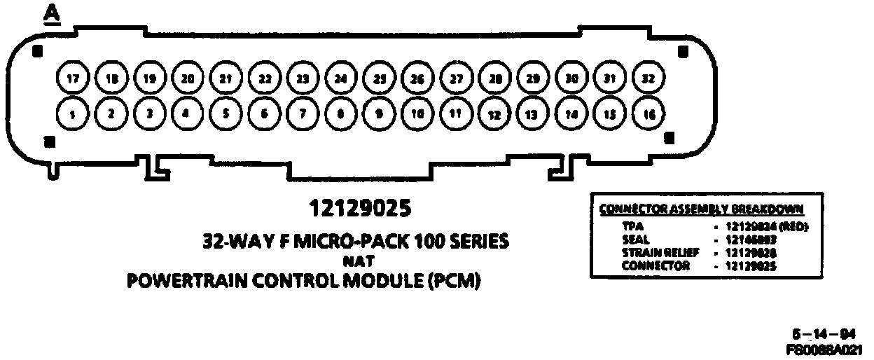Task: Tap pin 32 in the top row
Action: pos(648,79)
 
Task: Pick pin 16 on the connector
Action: pos(648,113)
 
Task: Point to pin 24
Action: pos(340,79)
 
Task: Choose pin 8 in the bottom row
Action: pos(340,113)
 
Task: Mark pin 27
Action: pos(456,79)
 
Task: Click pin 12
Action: pos(494,113)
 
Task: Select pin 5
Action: pos(225,112)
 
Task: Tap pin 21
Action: pos(225,79)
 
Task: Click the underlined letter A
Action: pos(50,13)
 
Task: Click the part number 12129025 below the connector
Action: pos(359,209)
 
